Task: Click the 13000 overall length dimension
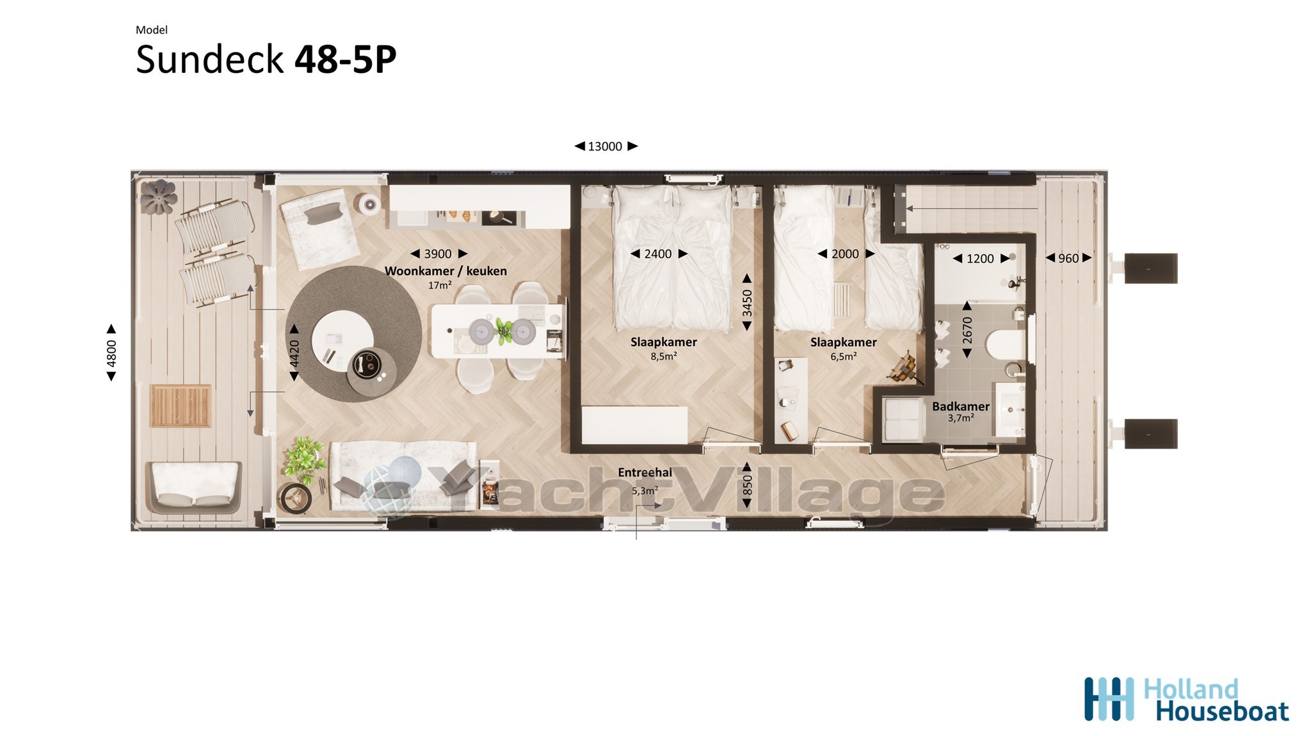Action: click(606, 147)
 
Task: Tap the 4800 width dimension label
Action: click(111, 353)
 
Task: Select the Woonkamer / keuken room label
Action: click(446, 271)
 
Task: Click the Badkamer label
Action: click(960, 406)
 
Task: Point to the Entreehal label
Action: click(645, 473)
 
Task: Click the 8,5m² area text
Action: click(664, 356)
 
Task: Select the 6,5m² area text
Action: click(844, 356)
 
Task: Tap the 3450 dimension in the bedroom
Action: click(747, 303)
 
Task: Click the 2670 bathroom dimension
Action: click(967, 330)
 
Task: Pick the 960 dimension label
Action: click(1068, 259)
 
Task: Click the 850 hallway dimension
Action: click(747, 486)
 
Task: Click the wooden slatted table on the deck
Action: click(181, 406)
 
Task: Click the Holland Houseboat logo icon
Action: click(1109, 699)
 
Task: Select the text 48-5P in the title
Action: click(346, 60)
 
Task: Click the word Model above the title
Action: click(152, 29)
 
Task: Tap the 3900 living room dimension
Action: click(438, 254)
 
